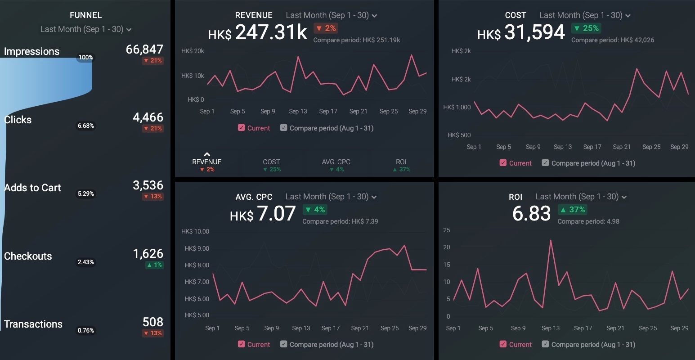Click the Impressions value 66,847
click(x=144, y=49)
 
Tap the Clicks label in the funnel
click(x=18, y=120)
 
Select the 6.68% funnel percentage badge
click(x=85, y=126)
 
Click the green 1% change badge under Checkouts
click(x=154, y=265)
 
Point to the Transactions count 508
click(x=152, y=322)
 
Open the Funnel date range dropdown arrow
click(x=129, y=30)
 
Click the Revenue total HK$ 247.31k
click(x=257, y=32)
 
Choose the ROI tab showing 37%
click(x=401, y=165)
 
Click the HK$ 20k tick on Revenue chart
click(x=193, y=51)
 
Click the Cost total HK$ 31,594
click(x=521, y=32)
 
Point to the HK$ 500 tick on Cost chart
click(x=459, y=135)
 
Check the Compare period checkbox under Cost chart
click(x=545, y=163)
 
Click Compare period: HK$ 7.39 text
click(x=340, y=221)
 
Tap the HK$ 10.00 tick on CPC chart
click(x=195, y=231)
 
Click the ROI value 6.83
click(x=531, y=213)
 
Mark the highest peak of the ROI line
click(x=551, y=240)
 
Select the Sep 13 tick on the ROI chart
click(x=551, y=328)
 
